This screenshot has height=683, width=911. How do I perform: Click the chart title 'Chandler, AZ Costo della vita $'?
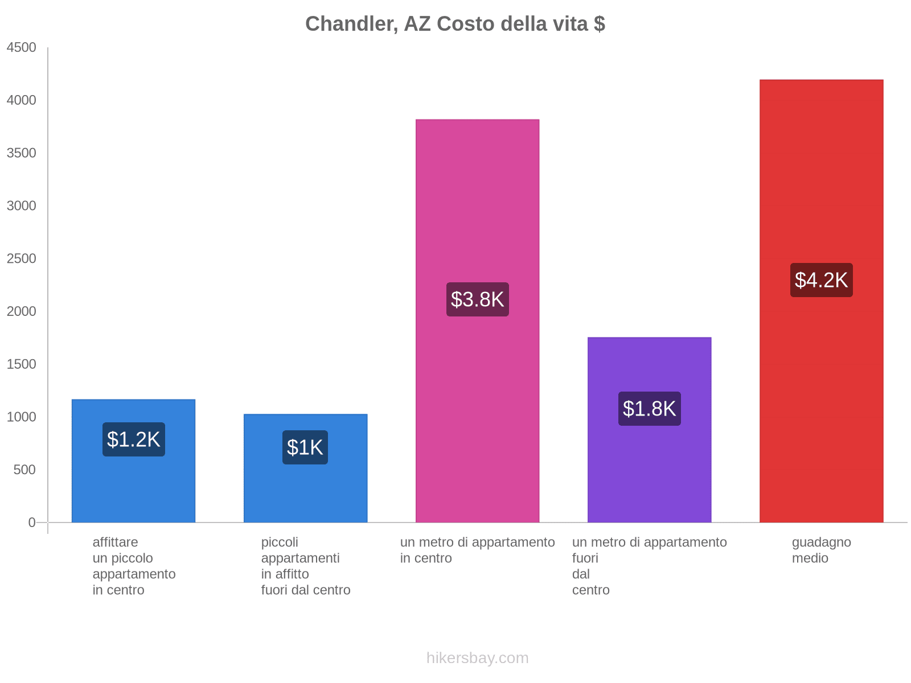[x=455, y=24]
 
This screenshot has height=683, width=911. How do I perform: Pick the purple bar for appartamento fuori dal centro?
[x=649, y=467]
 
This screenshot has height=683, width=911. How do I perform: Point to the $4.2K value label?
[x=821, y=280]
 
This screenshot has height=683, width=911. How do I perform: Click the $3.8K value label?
[x=477, y=299]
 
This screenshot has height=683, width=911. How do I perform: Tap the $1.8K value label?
[x=649, y=409]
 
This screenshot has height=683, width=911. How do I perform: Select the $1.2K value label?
[x=133, y=439]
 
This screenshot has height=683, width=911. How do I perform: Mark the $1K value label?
[x=305, y=447]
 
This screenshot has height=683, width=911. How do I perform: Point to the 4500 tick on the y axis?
[x=21, y=48]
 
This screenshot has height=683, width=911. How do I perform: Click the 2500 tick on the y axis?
[x=21, y=259]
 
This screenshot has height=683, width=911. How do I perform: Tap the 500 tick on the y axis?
[x=24, y=470]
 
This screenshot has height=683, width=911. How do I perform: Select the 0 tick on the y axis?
[x=32, y=522]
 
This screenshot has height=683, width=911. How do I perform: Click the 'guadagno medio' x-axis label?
[x=821, y=550]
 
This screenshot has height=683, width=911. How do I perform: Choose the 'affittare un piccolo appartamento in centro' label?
[x=134, y=566]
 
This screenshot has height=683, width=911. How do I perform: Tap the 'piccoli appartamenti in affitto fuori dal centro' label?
[x=306, y=566]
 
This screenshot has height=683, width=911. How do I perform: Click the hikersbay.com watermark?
[x=477, y=658]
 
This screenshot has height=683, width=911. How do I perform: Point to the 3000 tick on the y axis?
[x=21, y=206]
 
